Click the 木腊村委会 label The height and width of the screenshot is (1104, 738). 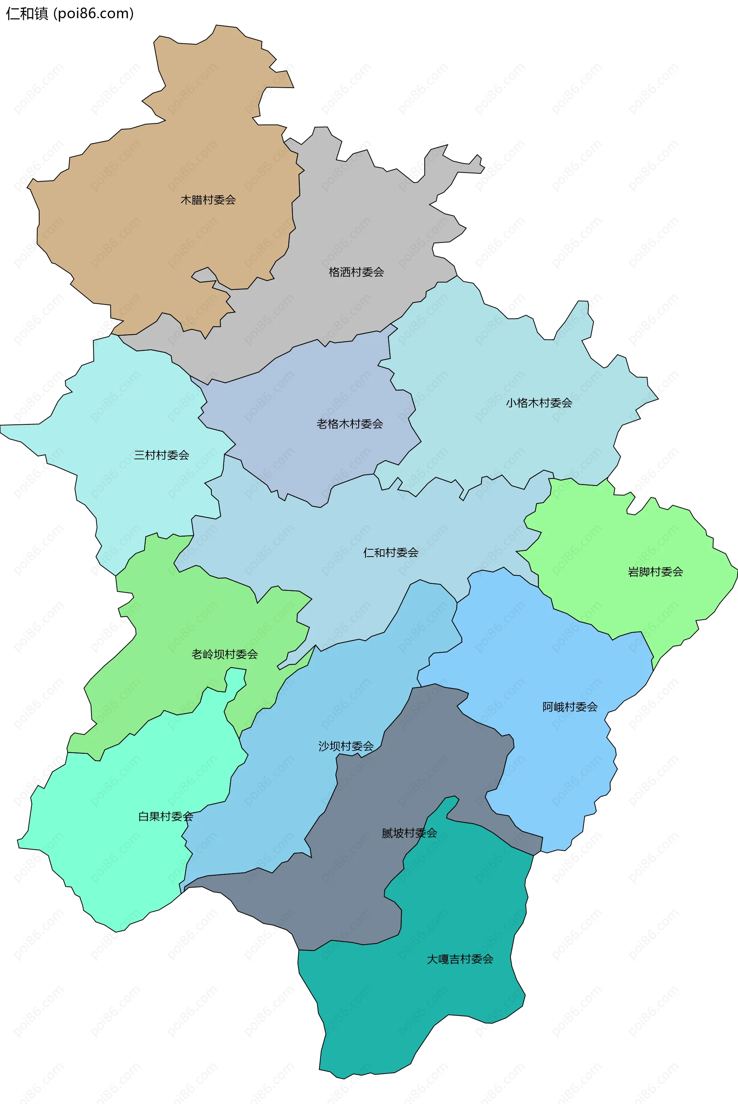[x=208, y=200]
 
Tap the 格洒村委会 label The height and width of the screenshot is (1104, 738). [x=356, y=272]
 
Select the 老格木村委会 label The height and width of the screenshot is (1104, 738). [x=350, y=424]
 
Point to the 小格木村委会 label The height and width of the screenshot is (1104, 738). [x=539, y=403]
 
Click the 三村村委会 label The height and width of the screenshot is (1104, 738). [x=161, y=455]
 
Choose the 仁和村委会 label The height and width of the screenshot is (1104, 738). [x=391, y=552]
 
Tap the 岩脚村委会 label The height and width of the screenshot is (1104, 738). [x=655, y=572]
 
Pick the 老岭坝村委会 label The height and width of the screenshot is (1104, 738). [x=224, y=654]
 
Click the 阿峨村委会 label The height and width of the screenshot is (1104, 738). [x=570, y=707]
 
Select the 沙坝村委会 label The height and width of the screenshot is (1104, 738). [x=346, y=746]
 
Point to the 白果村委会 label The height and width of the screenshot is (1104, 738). [x=166, y=816]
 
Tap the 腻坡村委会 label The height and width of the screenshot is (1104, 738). [x=409, y=833]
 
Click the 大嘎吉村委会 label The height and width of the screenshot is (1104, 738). [x=460, y=959]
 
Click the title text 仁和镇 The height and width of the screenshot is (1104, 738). [x=27, y=14]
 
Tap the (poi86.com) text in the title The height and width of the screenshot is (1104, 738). [x=94, y=14]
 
